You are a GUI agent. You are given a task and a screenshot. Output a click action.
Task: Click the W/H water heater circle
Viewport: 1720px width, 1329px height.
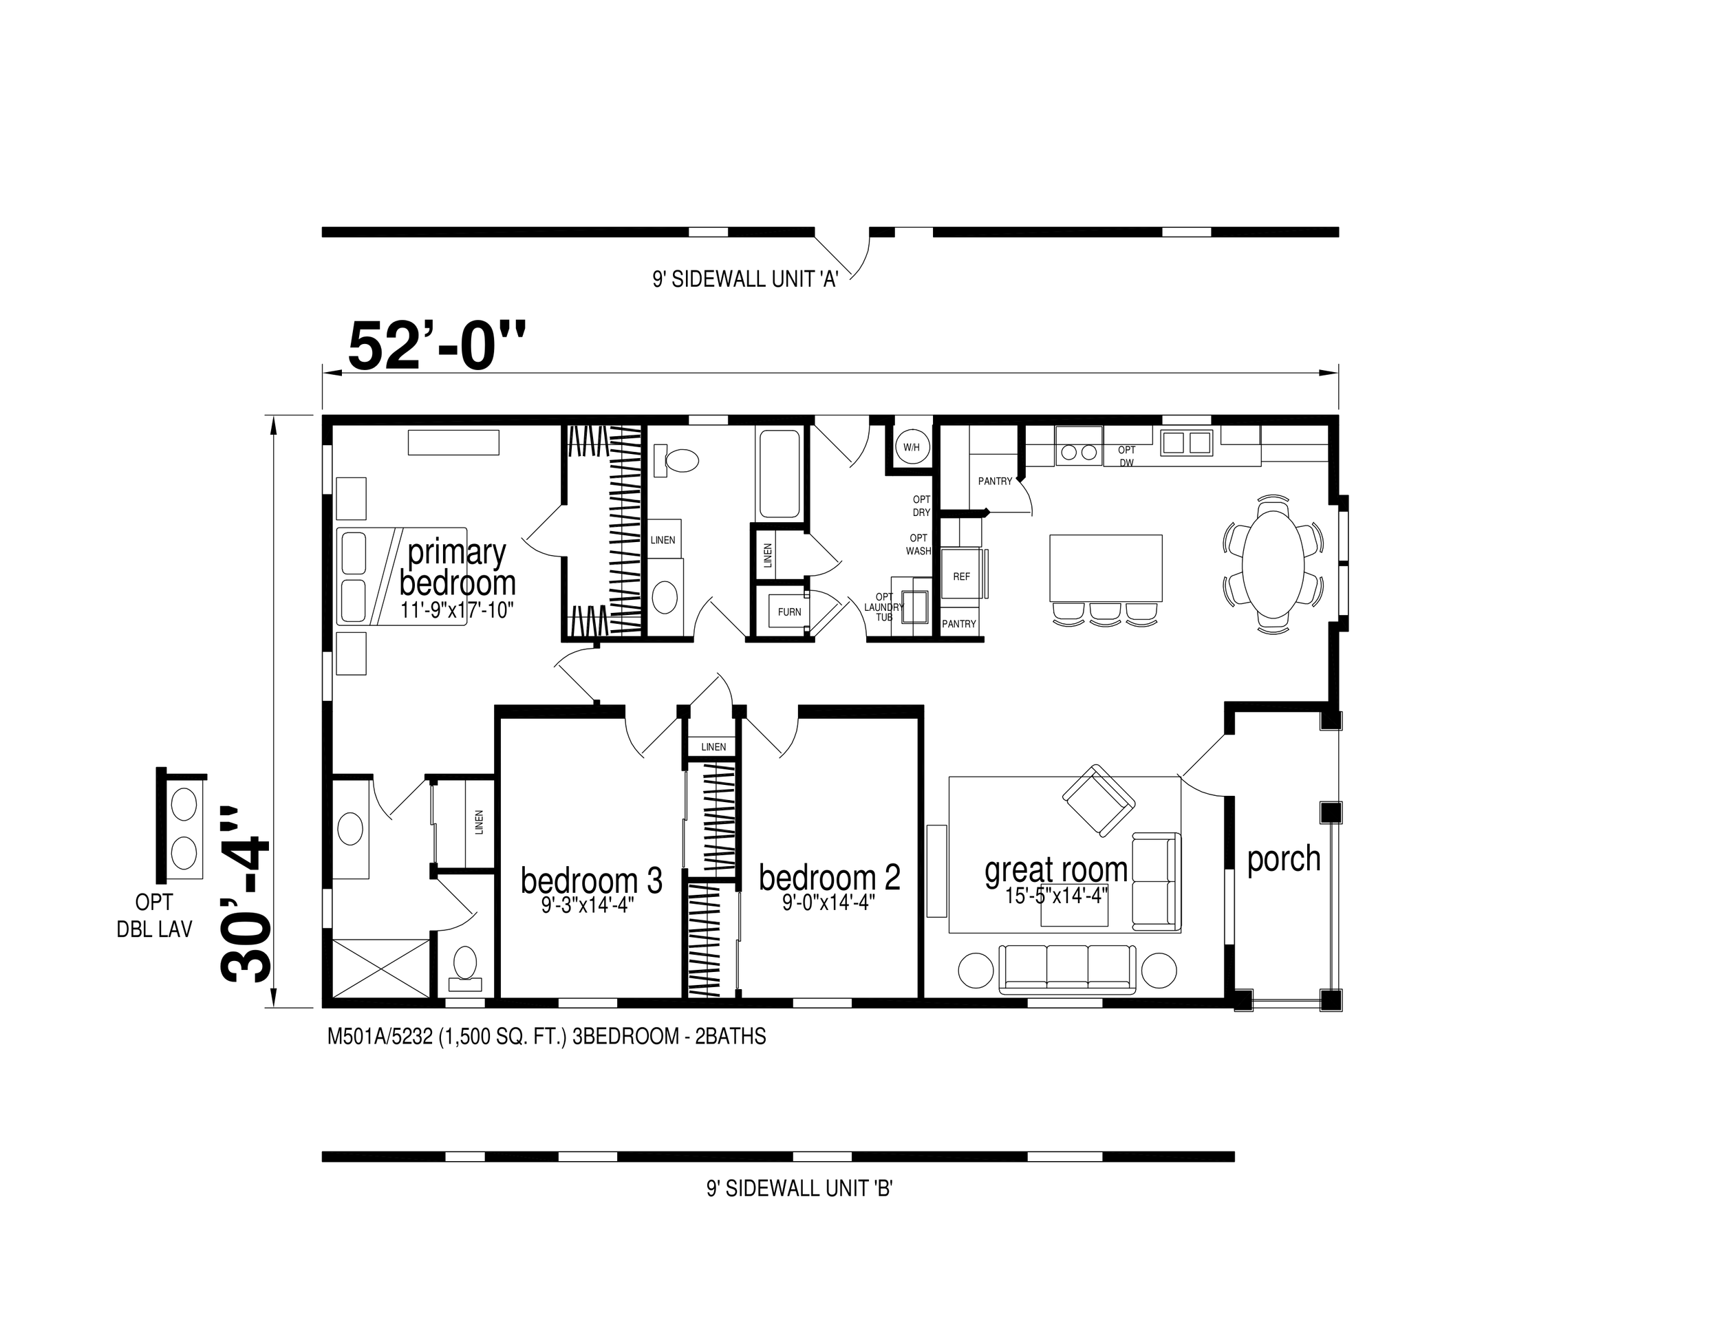[x=911, y=447]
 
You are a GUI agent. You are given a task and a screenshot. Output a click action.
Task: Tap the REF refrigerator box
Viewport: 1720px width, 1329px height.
[x=962, y=576]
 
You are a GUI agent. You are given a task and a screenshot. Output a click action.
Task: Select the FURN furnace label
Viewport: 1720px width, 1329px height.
[x=789, y=612]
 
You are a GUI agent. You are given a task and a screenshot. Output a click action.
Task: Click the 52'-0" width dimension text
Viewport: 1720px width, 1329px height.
[x=436, y=345]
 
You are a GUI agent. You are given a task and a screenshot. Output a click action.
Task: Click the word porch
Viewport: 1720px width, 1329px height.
[x=1284, y=859]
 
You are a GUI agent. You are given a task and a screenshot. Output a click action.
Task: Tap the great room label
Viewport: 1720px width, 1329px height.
[x=1056, y=870]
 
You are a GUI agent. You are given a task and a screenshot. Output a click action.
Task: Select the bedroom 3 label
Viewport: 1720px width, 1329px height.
[x=592, y=880]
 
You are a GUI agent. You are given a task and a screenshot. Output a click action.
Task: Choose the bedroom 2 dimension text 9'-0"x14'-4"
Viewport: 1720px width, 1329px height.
[x=829, y=903]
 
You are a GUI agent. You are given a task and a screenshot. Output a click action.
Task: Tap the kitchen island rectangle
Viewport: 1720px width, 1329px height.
[x=1106, y=568]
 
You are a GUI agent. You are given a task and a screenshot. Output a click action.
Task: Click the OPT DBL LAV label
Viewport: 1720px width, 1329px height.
[x=154, y=916]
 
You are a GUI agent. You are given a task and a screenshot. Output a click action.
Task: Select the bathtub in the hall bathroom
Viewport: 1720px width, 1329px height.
[x=780, y=473]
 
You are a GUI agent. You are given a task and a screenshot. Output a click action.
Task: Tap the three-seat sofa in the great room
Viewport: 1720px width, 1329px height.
[x=1067, y=968]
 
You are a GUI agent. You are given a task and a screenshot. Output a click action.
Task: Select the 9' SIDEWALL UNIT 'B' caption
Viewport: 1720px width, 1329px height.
[x=799, y=1189]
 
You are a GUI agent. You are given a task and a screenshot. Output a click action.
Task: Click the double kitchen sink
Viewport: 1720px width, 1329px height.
[x=1186, y=442]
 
